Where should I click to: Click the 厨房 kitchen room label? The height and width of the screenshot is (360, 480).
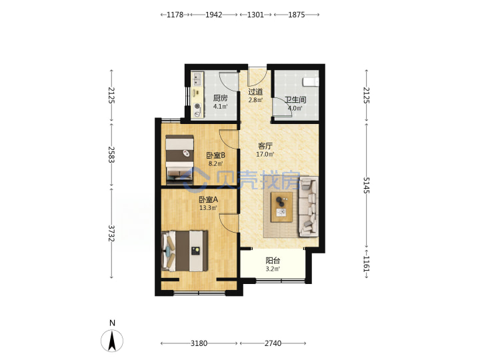pyautogui.click(x=221, y=98)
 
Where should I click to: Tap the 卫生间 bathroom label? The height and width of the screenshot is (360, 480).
pyautogui.click(x=295, y=100)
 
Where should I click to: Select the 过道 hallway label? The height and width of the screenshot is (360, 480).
pyautogui.click(x=255, y=91)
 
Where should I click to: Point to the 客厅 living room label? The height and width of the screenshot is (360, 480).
pyautogui.click(x=265, y=146)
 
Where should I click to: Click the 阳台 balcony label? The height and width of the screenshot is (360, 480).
pyautogui.click(x=273, y=261)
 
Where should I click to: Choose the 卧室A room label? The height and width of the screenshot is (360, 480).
pyautogui.click(x=209, y=199)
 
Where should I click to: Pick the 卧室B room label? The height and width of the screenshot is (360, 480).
pyautogui.click(x=216, y=155)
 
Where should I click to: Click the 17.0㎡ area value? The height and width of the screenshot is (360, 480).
pyautogui.click(x=265, y=154)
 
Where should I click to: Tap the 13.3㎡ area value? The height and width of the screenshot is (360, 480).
pyautogui.click(x=209, y=208)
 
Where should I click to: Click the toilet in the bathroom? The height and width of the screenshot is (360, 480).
pyautogui.click(x=311, y=82)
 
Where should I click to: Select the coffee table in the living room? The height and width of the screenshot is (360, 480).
pyautogui.click(x=281, y=207)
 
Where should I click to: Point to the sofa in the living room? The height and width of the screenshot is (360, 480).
pyautogui.click(x=309, y=207)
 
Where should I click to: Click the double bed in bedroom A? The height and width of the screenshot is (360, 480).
pyautogui.click(x=185, y=251)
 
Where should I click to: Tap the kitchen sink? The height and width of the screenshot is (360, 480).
pyautogui.click(x=197, y=79)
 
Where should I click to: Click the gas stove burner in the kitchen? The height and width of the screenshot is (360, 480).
pyautogui.click(x=198, y=107)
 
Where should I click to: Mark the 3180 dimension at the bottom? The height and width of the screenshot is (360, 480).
pyautogui.click(x=199, y=343)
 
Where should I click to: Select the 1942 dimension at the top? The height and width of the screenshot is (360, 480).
pyautogui.click(x=214, y=15)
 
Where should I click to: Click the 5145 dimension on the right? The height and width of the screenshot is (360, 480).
pyautogui.click(x=367, y=185)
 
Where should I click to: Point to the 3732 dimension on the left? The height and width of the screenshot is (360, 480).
pyautogui.click(x=111, y=233)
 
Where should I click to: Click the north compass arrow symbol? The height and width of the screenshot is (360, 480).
pyautogui.click(x=112, y=341)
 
